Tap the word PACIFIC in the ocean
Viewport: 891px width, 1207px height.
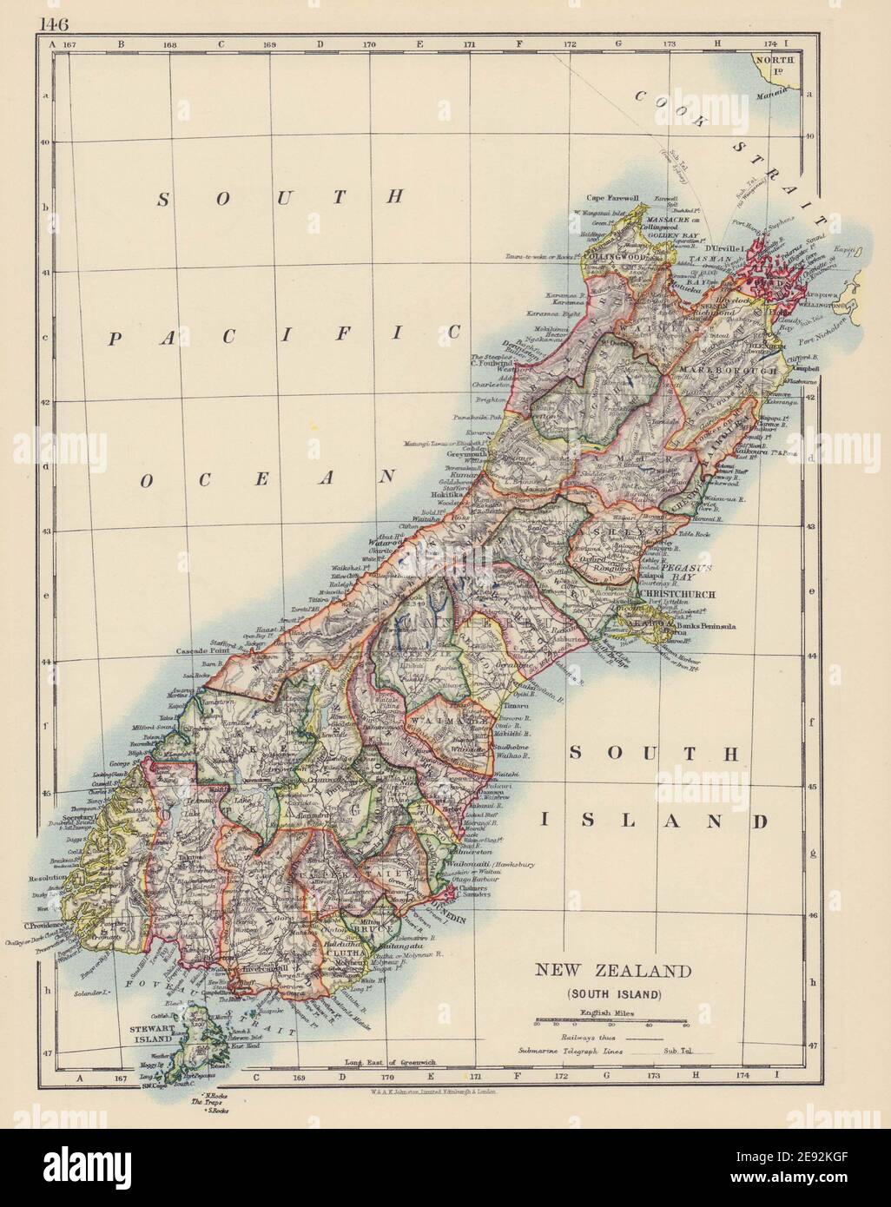(282, 335)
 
